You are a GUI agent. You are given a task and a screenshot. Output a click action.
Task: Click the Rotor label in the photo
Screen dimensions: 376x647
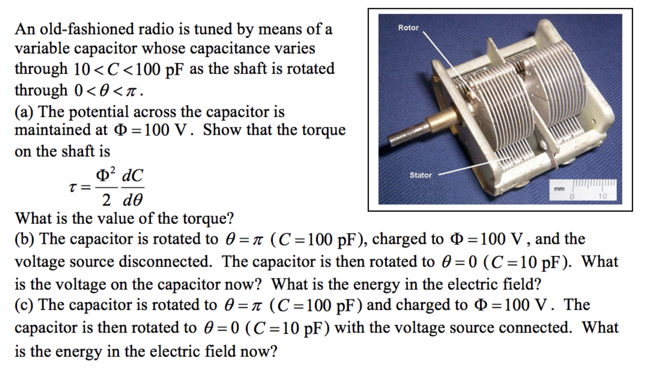tap(408, 28)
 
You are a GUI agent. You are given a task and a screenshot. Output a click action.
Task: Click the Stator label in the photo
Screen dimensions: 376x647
tap(420, 175)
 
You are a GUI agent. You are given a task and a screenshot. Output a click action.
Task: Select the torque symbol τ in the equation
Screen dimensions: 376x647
tap(73, 187)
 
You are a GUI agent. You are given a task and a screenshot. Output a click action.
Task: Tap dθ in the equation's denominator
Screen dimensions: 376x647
tap(132, 200)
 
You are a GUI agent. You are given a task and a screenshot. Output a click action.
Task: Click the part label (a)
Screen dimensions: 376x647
tap(24, 112)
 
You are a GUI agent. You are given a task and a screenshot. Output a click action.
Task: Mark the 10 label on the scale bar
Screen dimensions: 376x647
tap(602, 196)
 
